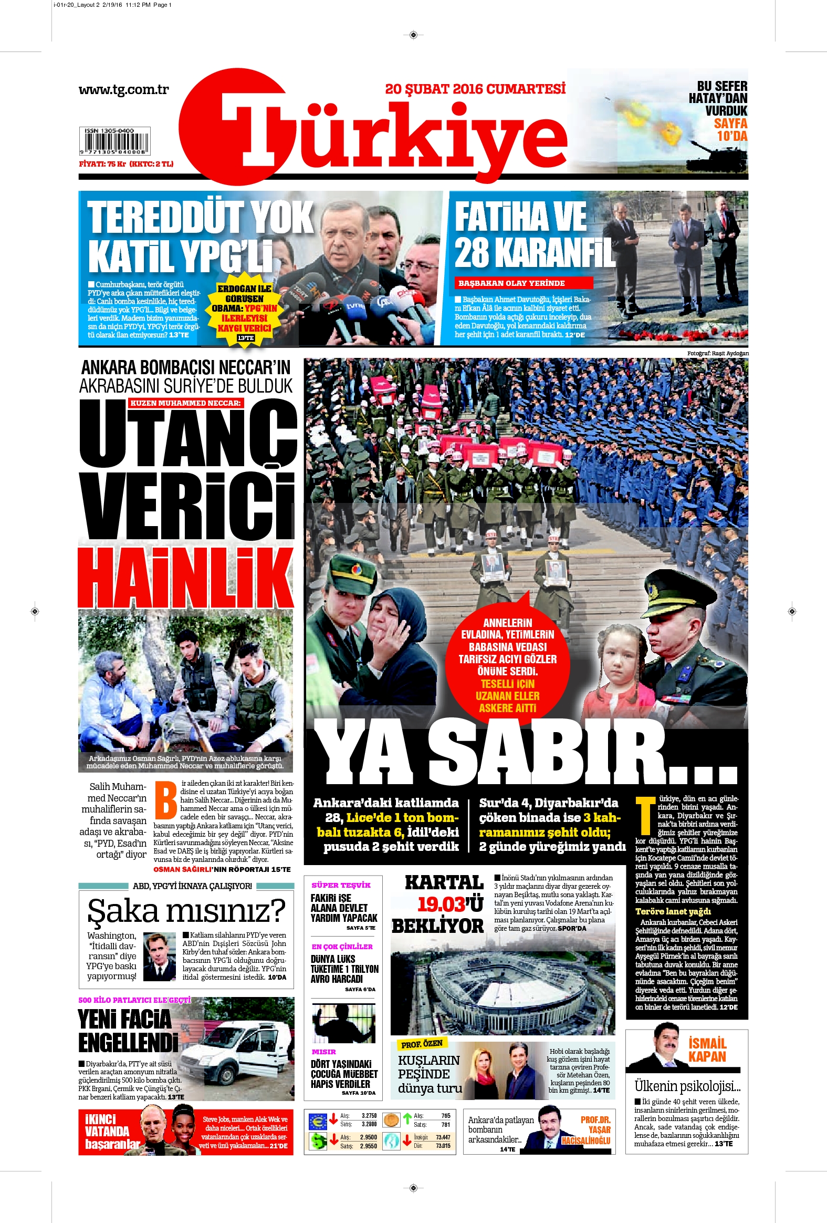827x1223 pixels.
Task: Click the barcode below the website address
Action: pyautogui.click(x=114, y=142)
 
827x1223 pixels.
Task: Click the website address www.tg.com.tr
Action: pyautogui.click(x=123, y=89)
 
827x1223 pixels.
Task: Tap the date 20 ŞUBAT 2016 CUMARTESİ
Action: pyautogui.click(x=475, y=88)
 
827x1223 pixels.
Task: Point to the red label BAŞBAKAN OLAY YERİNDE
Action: pyautogui.click(x=523, y=283)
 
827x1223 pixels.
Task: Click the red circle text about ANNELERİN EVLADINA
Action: pyautogui.click(x=507, y=665)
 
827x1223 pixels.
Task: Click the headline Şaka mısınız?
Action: pyautogui.click(x=186, y=911)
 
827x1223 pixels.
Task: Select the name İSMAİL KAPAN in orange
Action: pyautogui.click(x=707, y=1050)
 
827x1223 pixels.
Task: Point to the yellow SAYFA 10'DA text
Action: pyautogui.click(x=731, y=130)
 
